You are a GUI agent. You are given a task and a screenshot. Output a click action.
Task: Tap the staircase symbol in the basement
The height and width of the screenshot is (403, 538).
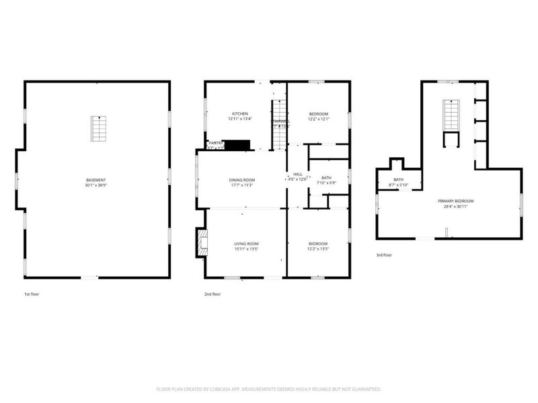coord(99,128)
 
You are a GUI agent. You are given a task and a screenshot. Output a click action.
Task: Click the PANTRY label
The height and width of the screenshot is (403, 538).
coord(215,143)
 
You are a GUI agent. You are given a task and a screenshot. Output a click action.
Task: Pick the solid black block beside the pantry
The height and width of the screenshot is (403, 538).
coord(236,144)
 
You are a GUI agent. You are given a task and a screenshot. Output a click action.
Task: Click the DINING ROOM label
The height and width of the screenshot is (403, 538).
coord(241,179)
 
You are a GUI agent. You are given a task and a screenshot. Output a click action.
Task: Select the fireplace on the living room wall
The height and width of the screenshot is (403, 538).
coord(200,243)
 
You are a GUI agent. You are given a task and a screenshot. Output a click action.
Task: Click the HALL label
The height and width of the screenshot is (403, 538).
coord(297,173)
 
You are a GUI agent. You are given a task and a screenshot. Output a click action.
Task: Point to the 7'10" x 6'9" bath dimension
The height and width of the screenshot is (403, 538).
coord(326,183)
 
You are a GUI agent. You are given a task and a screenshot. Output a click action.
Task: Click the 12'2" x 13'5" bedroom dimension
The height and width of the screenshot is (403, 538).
coord(318,249)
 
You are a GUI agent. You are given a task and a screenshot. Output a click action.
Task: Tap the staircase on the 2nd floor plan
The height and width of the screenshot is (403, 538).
coord(279,124)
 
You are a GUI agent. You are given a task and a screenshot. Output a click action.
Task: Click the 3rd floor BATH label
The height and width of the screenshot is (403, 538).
coord(398,179)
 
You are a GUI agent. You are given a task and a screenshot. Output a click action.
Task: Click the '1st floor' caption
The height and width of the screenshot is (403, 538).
coord(32,294)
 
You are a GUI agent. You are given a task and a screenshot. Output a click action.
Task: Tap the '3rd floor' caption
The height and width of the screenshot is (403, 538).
coord(384,255)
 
